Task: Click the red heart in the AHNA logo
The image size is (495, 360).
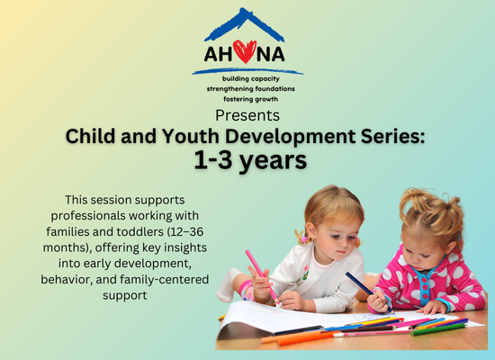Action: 245,51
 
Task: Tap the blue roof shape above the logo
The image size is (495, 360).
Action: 244,25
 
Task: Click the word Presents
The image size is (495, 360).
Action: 247,115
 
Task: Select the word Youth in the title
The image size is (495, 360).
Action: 191,136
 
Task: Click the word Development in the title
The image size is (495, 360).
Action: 291,137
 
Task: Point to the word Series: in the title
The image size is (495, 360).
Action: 393,136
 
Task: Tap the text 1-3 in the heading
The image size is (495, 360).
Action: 213,160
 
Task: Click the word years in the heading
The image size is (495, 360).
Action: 273,161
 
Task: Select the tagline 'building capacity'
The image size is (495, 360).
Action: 251,78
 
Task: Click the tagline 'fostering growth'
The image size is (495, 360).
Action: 251,99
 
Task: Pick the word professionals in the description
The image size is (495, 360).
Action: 88,216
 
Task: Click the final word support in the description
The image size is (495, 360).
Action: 125,296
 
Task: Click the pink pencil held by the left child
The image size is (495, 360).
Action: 262,276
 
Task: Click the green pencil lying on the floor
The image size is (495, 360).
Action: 438,329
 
